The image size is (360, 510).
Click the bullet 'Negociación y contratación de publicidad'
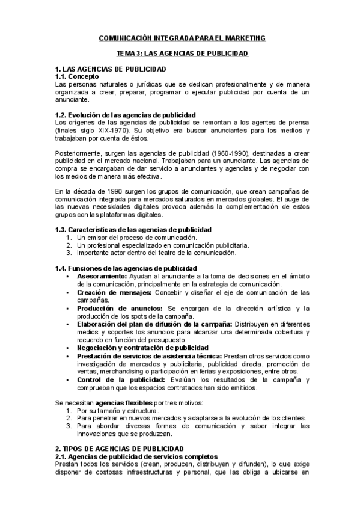(142, 348)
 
